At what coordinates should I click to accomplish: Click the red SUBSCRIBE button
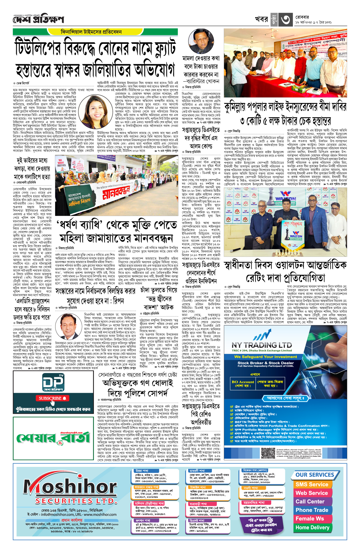52,398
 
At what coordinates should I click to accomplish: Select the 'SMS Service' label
312,484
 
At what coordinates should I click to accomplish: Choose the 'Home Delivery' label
312,527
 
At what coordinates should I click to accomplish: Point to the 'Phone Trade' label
312,510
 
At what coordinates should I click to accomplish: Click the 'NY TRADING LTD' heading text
262,345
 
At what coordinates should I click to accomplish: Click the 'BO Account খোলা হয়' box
243,383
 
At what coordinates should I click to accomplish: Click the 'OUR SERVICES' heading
315,475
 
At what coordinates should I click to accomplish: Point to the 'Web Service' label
312,493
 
